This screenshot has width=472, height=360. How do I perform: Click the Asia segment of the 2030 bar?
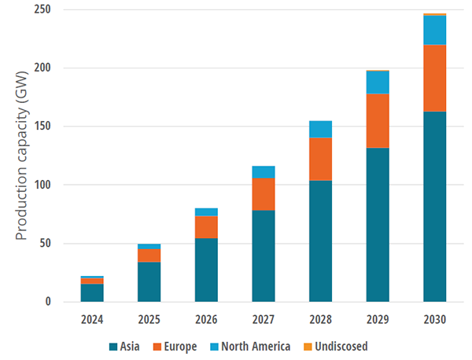[x=434, y=207]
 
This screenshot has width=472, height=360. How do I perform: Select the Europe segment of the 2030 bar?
[x=434, y=78]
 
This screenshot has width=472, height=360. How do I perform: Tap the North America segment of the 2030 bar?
[x=434, y=30]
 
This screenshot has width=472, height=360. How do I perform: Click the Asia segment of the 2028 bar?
[x=320, y=241]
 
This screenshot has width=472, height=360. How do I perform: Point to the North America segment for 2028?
[x=320, y=129]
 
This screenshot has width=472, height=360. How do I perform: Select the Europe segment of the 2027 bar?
[x=264, y=194]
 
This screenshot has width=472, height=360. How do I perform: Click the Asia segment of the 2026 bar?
[x=206, y=270]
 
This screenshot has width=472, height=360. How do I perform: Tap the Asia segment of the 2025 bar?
[x=149, y=281]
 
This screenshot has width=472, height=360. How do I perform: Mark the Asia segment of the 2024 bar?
[x=92, y=292]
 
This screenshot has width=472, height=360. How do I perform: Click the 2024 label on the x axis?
[x=92, y=320]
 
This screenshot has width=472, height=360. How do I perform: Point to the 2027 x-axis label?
[x=264, y=320]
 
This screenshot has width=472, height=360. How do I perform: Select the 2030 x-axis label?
[x=434, y=320]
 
